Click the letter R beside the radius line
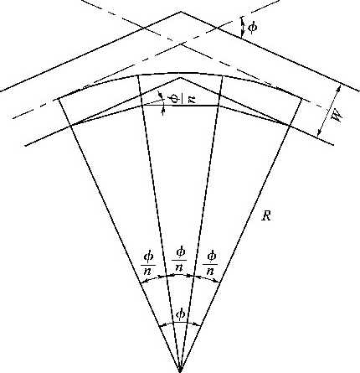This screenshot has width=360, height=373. (x=266, y=216)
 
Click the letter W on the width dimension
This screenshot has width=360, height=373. (x=337, y=115)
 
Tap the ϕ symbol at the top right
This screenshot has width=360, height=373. (x=253, y=28)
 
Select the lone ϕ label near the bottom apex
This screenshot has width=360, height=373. (x=181, y=315)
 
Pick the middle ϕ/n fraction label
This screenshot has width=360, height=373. (x=179, y=259)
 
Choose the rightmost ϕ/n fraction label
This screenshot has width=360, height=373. (x=211, y=262)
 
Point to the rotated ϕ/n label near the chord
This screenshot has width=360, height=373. (x=182, y=98)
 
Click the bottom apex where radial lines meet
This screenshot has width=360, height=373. (x=180, y=370)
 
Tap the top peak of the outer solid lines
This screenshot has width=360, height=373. (x=181, y=12)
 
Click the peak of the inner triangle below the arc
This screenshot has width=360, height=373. (x=180, y=78)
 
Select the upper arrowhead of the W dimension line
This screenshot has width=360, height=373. (x=339, y=87)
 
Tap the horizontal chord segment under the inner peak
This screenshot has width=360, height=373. (x=181, y=106)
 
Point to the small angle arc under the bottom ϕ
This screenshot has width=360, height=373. (x=180, y=322)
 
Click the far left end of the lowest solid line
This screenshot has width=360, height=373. (x=25, y=146)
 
